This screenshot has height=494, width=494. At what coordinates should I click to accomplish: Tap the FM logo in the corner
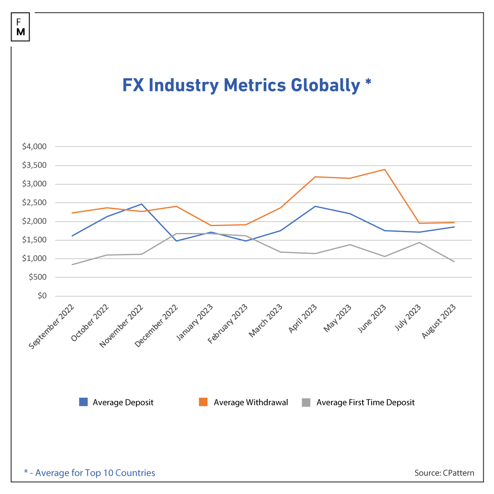pyautogui.click(x=21, y=27)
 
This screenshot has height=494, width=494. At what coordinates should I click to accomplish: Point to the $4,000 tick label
pyautogui.click(x=34, y=147)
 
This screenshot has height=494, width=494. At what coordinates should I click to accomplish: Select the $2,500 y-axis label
pyautogui.click(x=34, y=203)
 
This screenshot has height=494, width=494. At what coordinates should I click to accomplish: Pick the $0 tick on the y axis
pyautogui.click(x=42, y=296)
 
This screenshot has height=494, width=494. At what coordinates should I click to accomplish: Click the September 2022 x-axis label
pyautogui.click(x=52, y=327)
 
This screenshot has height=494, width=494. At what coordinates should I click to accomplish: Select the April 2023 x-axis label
pyautogui.click(x=303, y=319)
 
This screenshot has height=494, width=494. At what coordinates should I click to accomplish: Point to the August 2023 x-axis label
pyautogui.click(x=439, y=321)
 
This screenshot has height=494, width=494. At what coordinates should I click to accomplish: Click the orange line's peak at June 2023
pyautogui.click(x=384, y=169)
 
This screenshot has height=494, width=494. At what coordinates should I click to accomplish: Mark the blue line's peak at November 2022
pyautogui.click(x=142, y=204)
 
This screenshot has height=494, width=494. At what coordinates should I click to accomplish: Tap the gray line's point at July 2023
pyautogui.click(x=419, y=242)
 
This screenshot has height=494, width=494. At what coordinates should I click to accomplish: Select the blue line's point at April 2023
pyautogui.click(x=315, y=206)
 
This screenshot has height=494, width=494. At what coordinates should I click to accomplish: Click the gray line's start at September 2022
pyautogui.click(x=72, y=265)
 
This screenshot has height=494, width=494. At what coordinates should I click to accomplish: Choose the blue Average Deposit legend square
pyautogui.click(x=83, y=402)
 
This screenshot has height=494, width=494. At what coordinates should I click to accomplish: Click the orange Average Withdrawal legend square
pyautogui.click(x=203, y=402)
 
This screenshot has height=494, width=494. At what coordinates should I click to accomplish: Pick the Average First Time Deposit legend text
pyautogui.click(x=365, y=403)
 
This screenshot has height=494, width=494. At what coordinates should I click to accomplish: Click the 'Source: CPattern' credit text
pyautogui.click(x=444, y=473)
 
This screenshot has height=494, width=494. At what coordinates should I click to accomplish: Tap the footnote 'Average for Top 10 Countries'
pyautogui.click(x=95, y=473)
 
